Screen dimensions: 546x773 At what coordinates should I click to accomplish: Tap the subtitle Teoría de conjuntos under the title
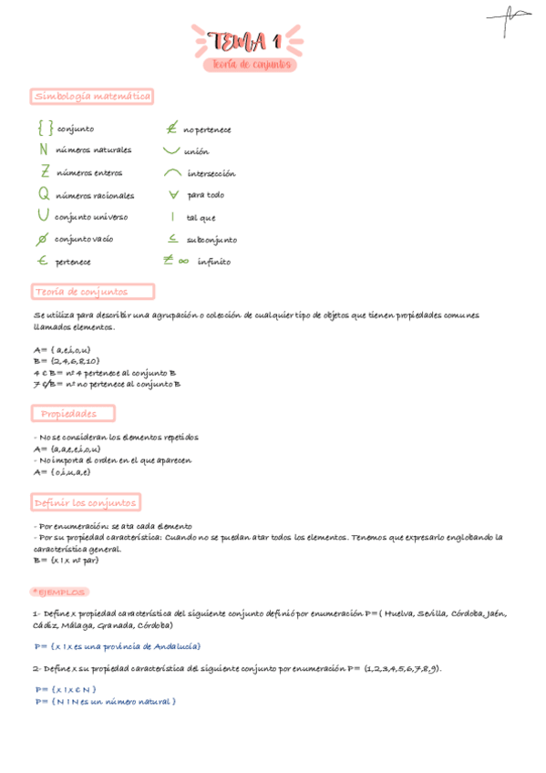250,65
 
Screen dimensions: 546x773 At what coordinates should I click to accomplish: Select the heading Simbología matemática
92,96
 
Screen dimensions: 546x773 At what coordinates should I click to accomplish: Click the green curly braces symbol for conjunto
45,129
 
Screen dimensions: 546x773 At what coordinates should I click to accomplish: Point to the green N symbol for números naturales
44,149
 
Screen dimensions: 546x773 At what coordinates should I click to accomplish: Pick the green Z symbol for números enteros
45,171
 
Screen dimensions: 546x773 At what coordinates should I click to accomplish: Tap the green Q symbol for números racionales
44,194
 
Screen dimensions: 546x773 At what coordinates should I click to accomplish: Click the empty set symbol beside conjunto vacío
42,240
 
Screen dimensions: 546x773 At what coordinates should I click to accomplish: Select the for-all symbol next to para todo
172,194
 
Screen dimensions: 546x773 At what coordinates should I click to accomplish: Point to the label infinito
214,262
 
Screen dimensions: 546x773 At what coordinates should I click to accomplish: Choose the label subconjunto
211,240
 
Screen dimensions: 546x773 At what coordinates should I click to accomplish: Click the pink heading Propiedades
76,414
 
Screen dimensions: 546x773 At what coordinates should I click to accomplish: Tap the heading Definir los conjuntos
86,502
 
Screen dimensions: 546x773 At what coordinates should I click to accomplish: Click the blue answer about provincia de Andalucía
118,646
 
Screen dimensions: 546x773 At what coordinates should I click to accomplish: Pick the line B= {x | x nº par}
66,561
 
